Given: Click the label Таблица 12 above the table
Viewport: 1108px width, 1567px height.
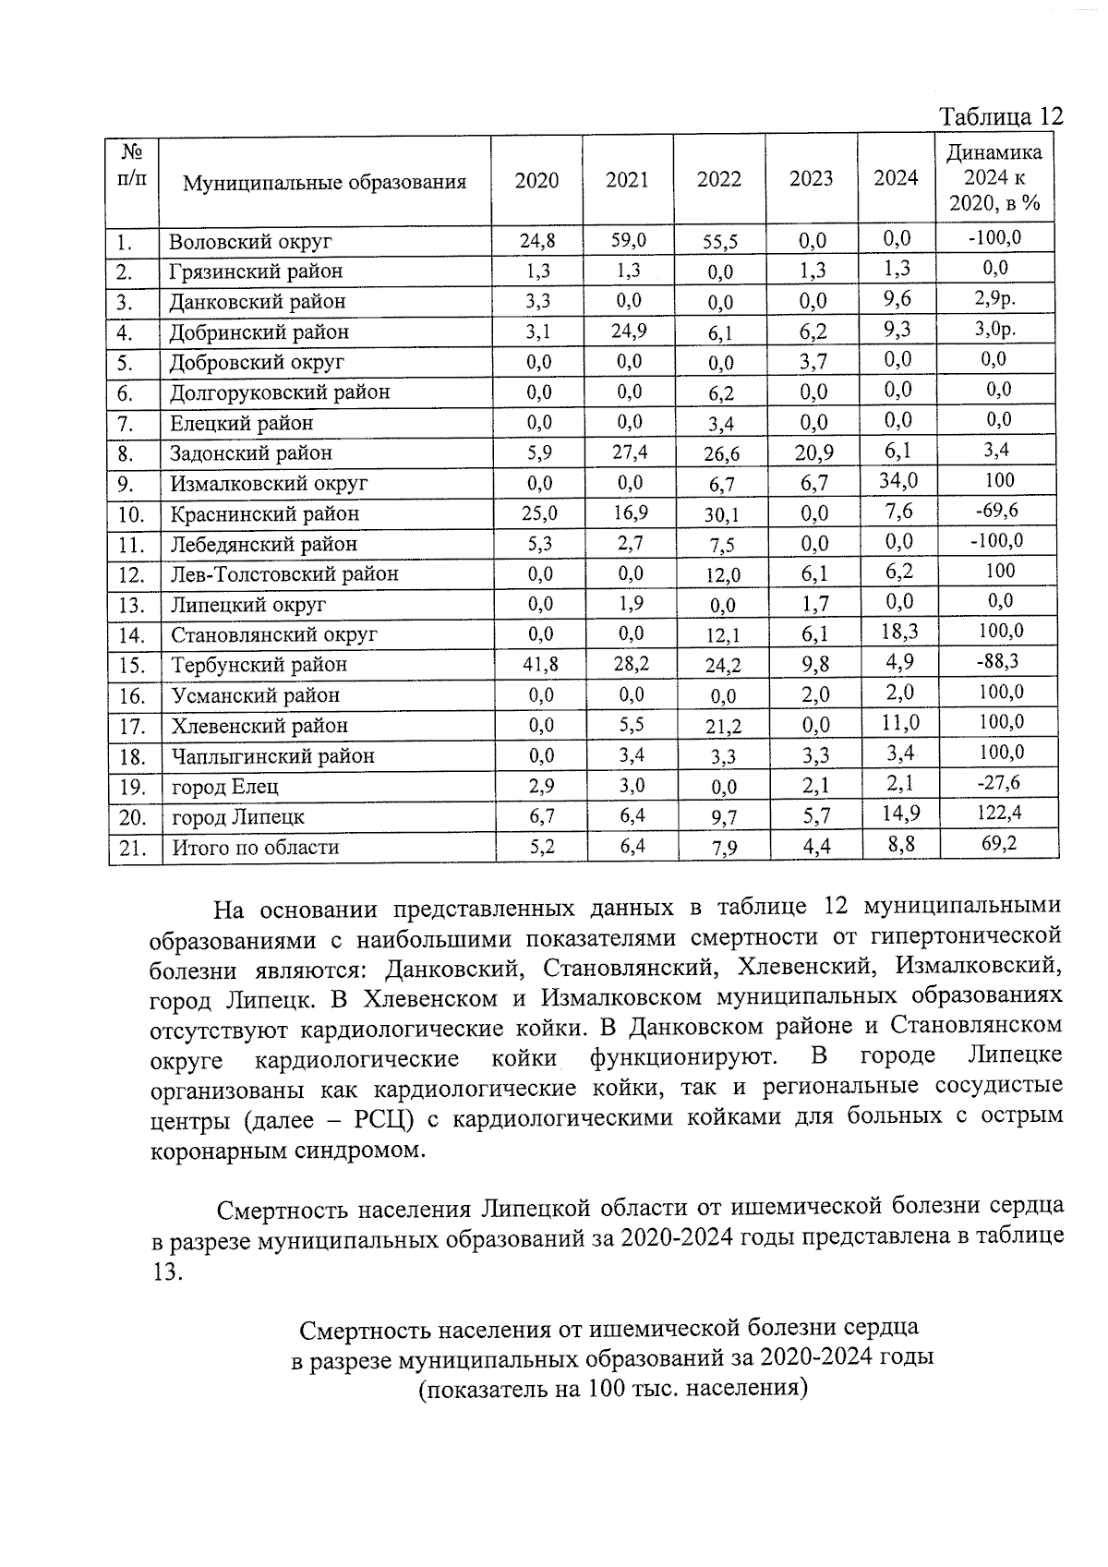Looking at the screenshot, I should [1001, 117].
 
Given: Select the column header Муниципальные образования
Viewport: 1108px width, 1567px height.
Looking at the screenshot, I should [324, 182].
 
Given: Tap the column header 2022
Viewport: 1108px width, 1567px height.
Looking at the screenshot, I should [718, 180].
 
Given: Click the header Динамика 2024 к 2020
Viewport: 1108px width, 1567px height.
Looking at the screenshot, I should [994, 177].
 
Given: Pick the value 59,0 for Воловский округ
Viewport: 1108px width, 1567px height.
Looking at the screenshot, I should [628, 241].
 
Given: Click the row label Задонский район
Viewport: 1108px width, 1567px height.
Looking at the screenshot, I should [250, 453].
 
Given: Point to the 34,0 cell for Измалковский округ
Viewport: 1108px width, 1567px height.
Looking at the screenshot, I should [897, 480].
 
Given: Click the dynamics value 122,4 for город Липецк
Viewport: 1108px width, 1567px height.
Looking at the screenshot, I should [998, 813].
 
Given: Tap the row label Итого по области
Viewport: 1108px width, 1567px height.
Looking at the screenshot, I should [255, 847].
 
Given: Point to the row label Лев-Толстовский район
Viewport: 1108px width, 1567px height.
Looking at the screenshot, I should [283, 574].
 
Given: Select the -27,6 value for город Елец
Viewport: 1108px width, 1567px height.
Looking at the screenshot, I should [998, 783].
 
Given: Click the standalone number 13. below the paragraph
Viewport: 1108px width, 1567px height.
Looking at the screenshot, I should [167, 1271].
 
